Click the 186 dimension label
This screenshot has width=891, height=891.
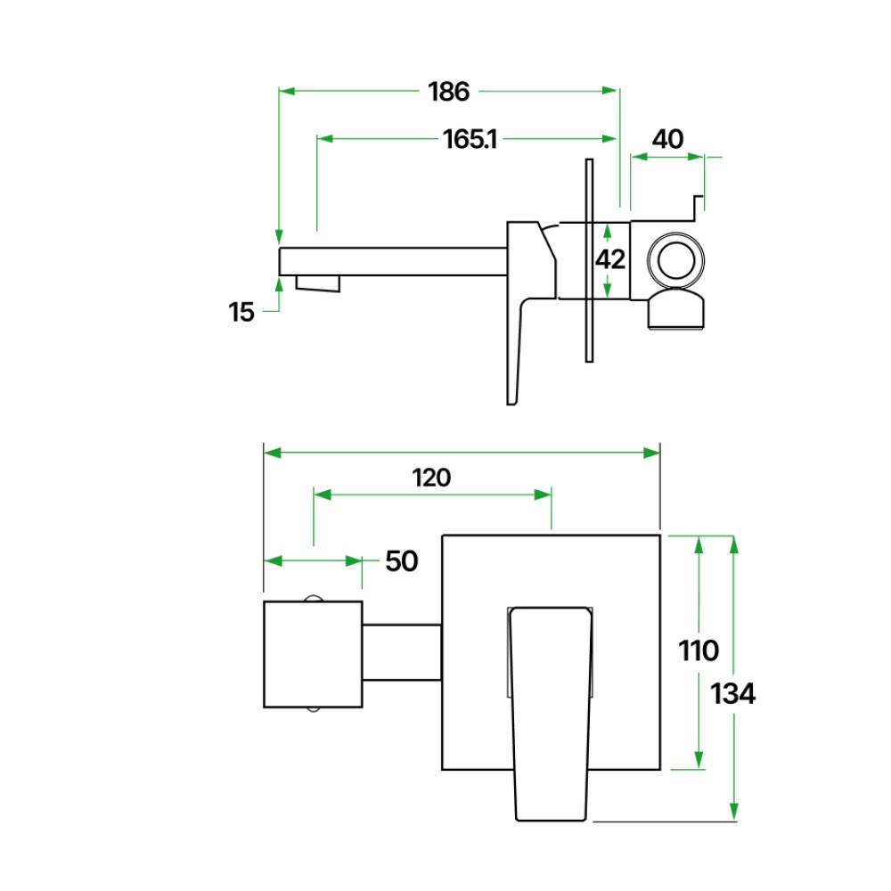tap(448, 92)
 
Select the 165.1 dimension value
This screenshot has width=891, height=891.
tap(470, 139)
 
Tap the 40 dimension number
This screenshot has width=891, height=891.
tap(667, 139)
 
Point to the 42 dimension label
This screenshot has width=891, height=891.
tap(610, 259)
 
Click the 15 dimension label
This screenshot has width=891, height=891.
tap(241, 313)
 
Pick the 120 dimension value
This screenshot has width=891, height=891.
tap(431, 478)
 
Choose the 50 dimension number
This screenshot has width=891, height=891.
tap(402, 561)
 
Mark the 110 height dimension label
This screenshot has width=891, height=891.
tap(699, 650)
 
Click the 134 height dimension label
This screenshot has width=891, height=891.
tap(733, 694)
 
